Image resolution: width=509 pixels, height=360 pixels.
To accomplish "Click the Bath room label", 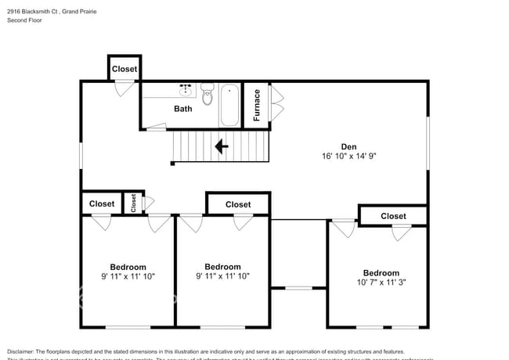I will click(182, 109).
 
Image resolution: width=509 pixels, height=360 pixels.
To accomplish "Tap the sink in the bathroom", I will click(186, 88).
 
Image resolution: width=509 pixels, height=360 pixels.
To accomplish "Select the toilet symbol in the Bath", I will click(207, 95).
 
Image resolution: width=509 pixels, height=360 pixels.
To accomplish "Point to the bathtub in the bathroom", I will click(230, 105).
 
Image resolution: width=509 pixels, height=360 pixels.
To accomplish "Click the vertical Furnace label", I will click(256, 105).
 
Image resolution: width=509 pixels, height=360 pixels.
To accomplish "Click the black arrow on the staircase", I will click(221, 146).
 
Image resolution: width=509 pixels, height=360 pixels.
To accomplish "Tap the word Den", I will click(348, 146).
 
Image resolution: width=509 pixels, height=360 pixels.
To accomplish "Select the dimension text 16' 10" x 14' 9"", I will click(348, 156).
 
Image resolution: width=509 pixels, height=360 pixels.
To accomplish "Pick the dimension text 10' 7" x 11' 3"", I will click(381, 283).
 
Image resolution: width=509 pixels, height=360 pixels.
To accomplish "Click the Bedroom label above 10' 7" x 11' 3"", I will click(381, 273).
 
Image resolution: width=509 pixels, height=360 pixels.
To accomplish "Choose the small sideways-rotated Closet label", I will click(134, 203).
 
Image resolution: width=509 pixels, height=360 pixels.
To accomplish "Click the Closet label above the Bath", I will click(125, 69).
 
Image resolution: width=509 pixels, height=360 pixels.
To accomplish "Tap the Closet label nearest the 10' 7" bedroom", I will click(393, 216).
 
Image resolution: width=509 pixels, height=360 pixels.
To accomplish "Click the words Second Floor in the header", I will click(26, 20).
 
